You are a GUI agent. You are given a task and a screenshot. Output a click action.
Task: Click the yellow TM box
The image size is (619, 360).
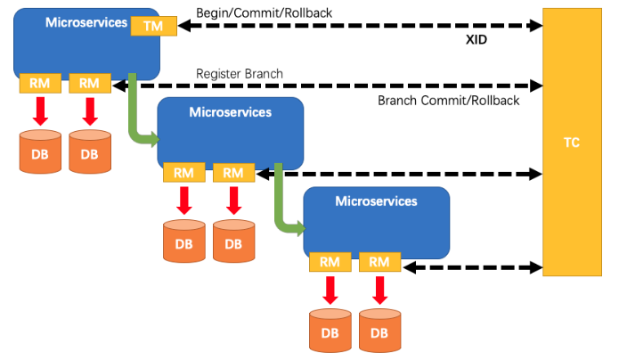pyautogui.click(x=147, y=26)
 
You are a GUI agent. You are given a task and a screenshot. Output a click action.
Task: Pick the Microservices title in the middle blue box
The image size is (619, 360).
pyautogui.click(x=231, y=111)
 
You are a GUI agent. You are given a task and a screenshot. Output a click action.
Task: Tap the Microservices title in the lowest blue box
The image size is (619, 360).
pyautogui.click(x=376, y=201)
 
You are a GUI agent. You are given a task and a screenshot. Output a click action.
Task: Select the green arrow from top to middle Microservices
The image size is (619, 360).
pyautogui.click(x=139, y=116)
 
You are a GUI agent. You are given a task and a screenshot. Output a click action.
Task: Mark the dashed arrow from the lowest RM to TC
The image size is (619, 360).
pyautogui.click(x=472, y=266)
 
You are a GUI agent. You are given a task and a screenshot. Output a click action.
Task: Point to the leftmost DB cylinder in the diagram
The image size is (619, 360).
pyautogui.click(x=40, y=151)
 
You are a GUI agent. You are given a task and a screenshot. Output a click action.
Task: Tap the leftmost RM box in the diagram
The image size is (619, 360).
pyautogui.click(x=39, y=84)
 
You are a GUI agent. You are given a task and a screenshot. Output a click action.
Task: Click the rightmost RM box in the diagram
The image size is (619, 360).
pyautogui.click(x=379, y=262)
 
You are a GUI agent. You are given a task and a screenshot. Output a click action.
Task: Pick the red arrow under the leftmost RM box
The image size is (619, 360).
pyautogui.click(x=40, y=110)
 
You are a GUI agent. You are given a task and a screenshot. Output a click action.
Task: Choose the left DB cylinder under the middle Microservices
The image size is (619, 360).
pyautogui.click(x=183, y=240)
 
